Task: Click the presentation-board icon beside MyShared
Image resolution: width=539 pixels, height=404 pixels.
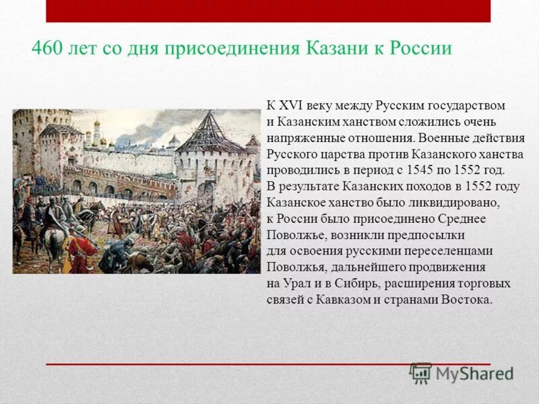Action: tap(421, 373)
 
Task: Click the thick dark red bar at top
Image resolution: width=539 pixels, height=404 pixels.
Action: tap(268, 11)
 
